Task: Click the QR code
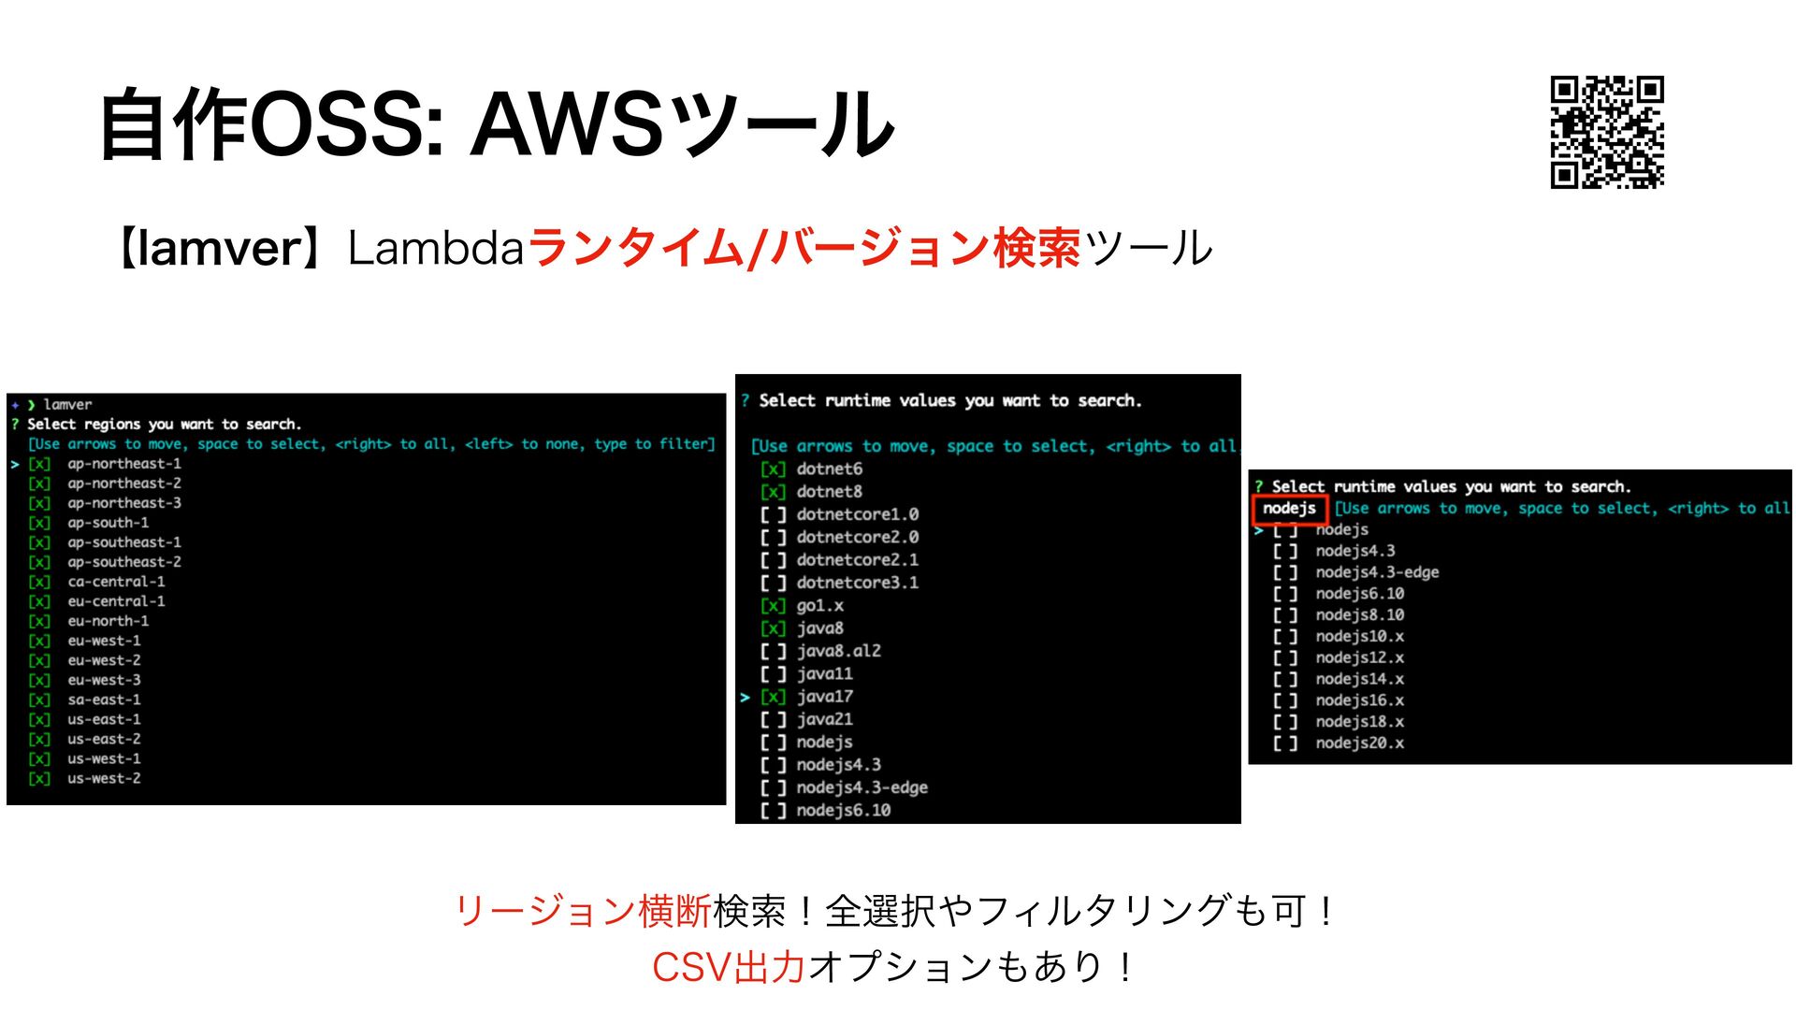point(1607,132)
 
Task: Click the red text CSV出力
point(728,967)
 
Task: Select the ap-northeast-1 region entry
point(124,464)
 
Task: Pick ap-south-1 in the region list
point(108,523)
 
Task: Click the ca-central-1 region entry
point(116,582)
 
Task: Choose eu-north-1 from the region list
point(108,621)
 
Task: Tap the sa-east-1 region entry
point(104,700)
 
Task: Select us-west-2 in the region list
point(104,778)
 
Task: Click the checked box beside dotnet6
point(773,469)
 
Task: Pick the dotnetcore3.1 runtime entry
point(857,583)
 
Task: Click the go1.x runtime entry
point(819,606)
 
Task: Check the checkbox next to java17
point(773,697)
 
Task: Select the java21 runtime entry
point(824,719)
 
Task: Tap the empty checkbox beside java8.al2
point(773,651)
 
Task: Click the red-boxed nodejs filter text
point(1289,509)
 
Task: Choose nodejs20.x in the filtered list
point(1359,743)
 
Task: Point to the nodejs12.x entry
point(1359,657)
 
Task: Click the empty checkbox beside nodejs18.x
point(1285,722)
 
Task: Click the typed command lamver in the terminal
point(67,405)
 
